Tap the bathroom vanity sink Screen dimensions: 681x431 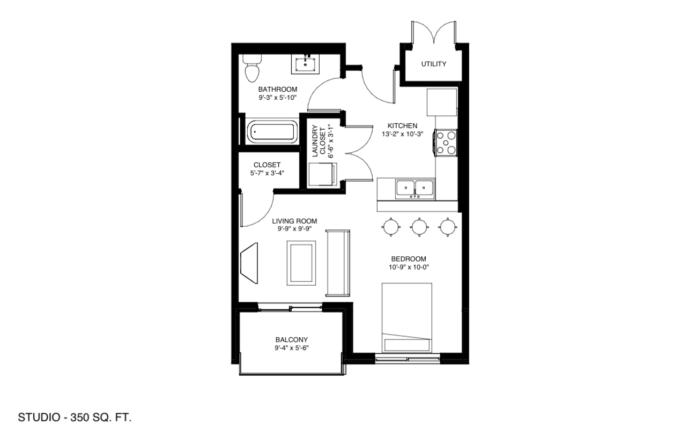click(305, 64)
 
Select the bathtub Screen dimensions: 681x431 click(272, 132)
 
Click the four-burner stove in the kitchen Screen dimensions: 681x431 click(446, 143)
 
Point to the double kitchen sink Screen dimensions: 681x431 click(415, 189)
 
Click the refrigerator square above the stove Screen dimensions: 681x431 click(442, 102)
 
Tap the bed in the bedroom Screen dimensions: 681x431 click(407, 318)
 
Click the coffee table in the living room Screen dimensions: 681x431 click(301, 263)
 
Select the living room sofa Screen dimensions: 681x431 click(338, 263)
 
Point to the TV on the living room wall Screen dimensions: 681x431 click(249, 263)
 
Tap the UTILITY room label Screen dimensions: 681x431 click(434, 64)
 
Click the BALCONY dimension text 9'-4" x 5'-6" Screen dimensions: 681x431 click(292, 348)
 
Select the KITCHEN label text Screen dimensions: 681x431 click(402, 125)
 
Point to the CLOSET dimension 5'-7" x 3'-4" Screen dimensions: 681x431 click(267, 173)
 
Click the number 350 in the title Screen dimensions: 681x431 click(80, 417)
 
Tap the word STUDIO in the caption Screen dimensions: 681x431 click(39, 417)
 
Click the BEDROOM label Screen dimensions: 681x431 click(408, 259)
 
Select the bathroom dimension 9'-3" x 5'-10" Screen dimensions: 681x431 click(277, 97)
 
